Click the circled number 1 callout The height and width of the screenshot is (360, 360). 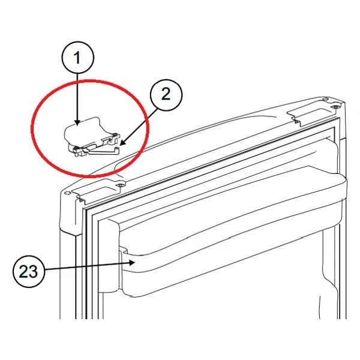click(x=78, y=58)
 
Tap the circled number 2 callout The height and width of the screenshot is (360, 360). click(x=166, y=95)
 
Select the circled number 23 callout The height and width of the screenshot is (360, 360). click(x=28, y=271)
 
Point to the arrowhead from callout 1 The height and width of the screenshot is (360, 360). click(x=77, y=122)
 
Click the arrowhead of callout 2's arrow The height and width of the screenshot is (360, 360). click(x=123, y=143)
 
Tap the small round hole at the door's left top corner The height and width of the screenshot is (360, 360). click(x=67, y=193)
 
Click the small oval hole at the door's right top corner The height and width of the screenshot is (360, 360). click(x=325, y=99)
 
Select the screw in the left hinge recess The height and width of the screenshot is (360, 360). click(x=120, y=185)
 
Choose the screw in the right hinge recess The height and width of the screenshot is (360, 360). click(x=335, y=107)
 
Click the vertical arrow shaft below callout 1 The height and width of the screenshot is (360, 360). click(x=77, y=97)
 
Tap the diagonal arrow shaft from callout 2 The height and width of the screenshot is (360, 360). click(x=140, y=126)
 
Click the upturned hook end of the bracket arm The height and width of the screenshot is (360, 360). click(x=118, y=151)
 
